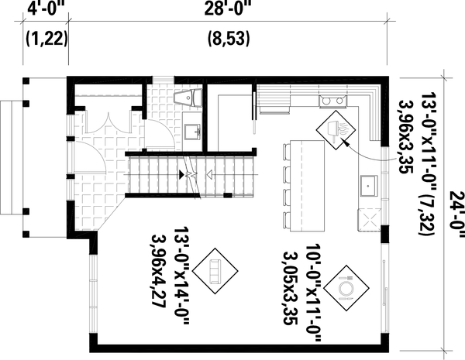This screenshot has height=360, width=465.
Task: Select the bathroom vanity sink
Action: tap(191, 129)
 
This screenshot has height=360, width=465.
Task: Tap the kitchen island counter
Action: tap(305, 186)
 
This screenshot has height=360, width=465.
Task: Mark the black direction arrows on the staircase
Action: tap(185, 177)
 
